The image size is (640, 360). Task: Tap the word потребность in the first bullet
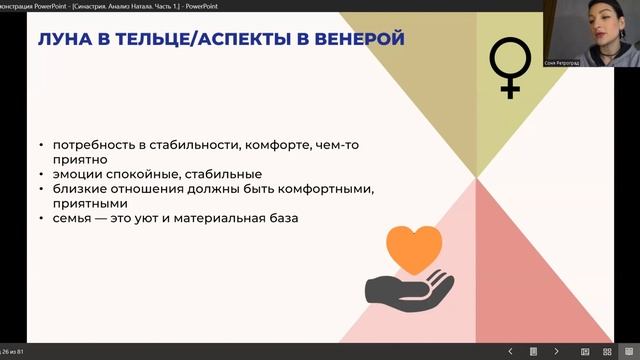tap(93, 144)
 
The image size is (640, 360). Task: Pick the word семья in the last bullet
tap(72, 217)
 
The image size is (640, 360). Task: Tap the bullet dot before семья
tap(41, 218)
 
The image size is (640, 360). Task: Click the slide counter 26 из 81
tap(14, 352)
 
